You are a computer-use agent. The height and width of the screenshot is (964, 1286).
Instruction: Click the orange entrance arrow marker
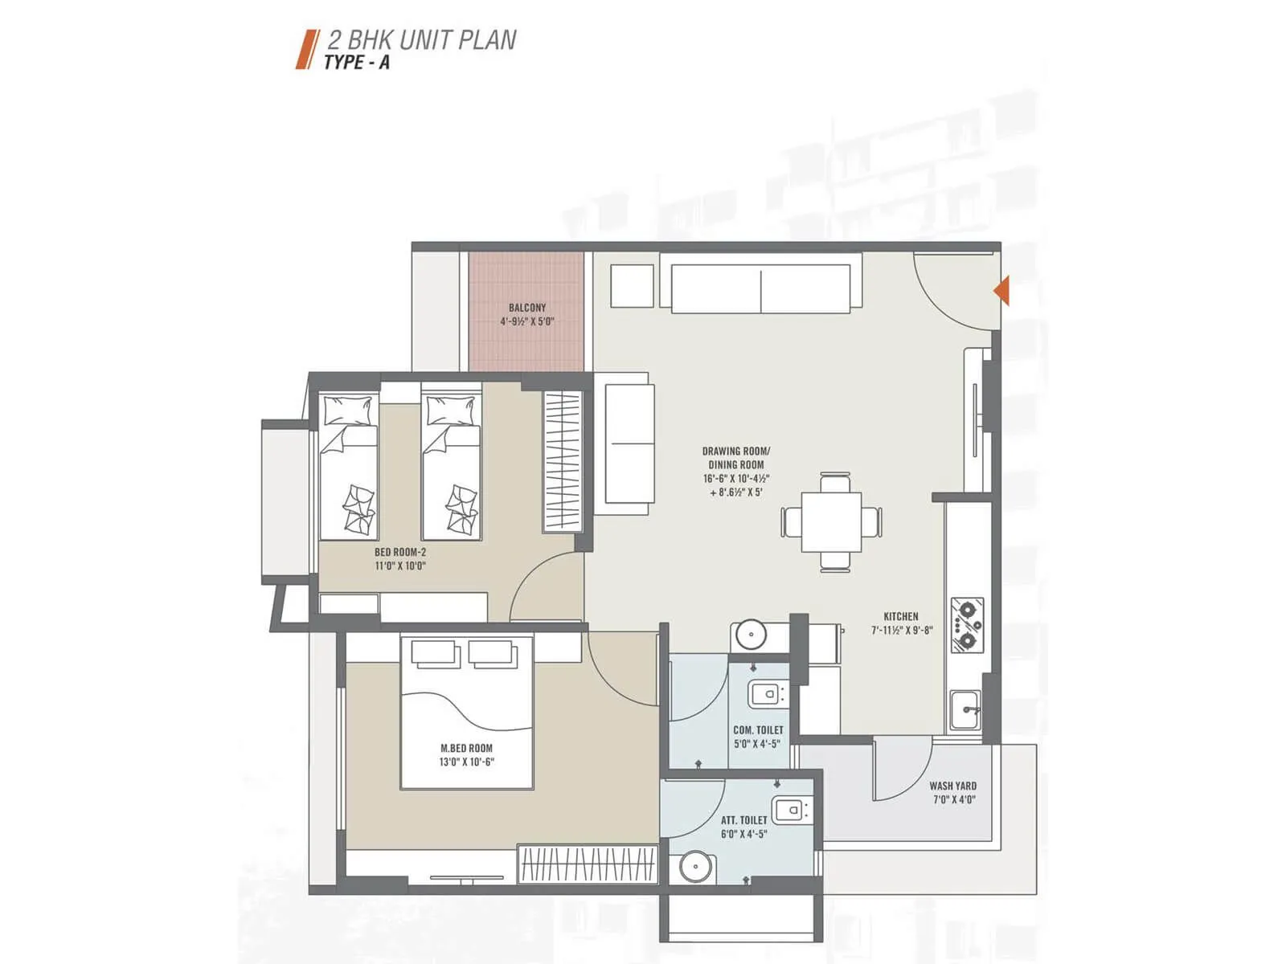click(x=1001, y=290)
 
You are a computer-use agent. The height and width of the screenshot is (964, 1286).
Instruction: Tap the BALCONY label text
click(x=527, y=308)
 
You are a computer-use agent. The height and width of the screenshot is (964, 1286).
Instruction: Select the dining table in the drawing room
click(x=831, y=522)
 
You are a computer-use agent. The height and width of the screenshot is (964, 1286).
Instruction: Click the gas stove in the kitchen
click(x=966, y=624)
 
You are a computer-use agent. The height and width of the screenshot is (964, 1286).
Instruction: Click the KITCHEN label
click(x=901, y=616)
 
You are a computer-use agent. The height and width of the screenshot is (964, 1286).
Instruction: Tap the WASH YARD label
click(x=953, y=786)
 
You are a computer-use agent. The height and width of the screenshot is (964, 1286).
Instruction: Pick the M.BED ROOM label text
click(x=467, y=748)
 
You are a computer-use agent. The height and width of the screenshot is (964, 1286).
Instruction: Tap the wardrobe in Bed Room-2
click(x=563, y=461)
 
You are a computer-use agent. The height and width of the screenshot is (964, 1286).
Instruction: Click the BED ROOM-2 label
click(x=400, y=552)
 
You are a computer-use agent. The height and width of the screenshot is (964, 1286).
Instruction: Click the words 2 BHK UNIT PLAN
click(x=421, y=40)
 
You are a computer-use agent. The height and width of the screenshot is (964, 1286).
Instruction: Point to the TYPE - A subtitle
click(x=356, y=63)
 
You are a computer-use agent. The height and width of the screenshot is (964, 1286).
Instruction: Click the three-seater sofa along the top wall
click(x=761, y=288)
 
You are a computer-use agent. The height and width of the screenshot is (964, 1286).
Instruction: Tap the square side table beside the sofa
click(x=632, y=286)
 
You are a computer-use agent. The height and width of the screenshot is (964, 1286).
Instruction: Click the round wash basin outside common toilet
click(x=749, y=635)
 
